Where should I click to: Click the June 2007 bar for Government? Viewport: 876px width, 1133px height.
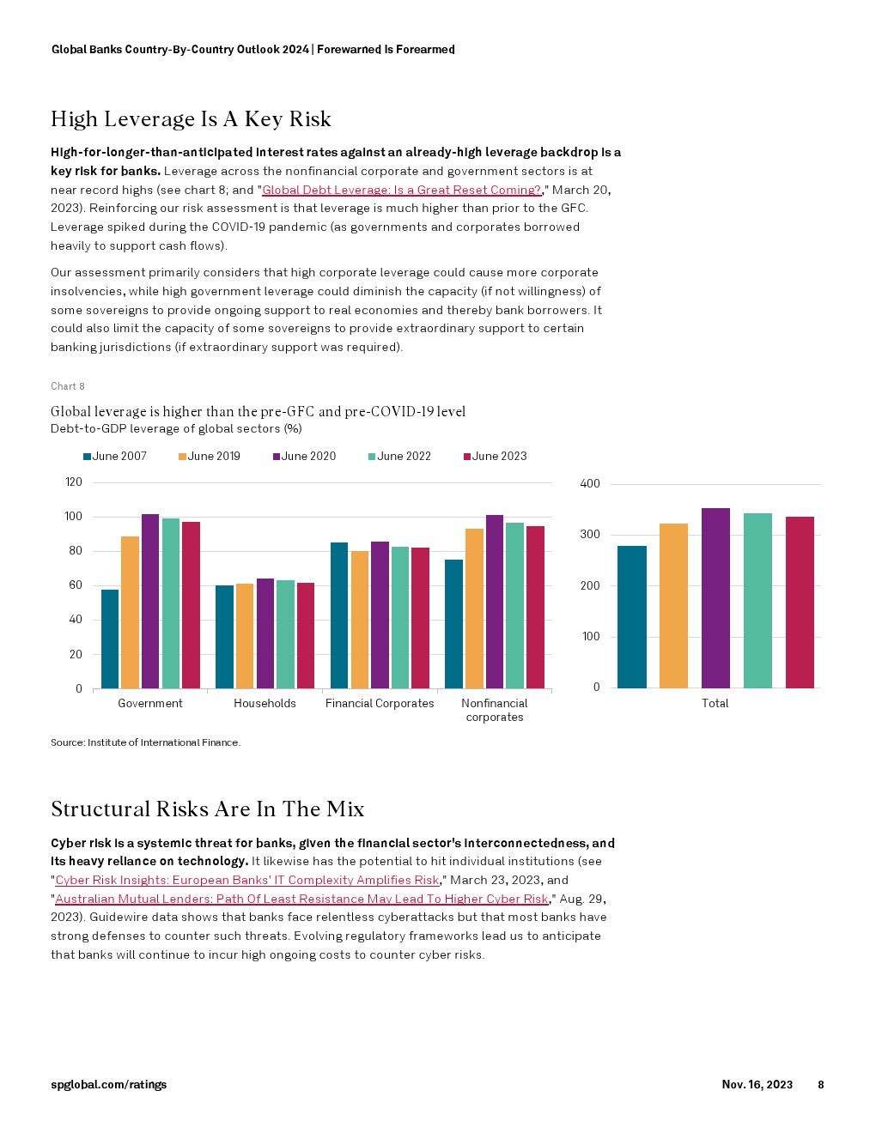(110, 639)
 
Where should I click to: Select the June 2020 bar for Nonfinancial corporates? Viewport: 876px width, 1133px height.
(495, 602)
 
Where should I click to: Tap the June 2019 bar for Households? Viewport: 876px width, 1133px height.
(245, 636)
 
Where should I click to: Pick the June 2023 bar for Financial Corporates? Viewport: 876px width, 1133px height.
(421, 618)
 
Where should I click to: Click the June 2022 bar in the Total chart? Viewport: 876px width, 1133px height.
(757, 601)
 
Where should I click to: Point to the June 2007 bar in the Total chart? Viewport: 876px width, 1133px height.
(632, 617)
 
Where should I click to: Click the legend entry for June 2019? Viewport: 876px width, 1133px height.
(210, 457)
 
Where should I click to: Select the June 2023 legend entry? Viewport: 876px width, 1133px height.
(496, 457)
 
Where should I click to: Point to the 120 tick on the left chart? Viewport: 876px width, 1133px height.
(74, 482)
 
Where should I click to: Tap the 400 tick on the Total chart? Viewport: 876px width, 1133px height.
(590, 484)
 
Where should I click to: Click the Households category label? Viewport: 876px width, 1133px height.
(265, 704)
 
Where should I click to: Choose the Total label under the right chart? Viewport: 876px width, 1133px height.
(715, 703)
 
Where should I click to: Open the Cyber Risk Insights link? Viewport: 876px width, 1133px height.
(247, 880)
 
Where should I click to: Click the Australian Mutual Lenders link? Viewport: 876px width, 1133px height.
(301, 899)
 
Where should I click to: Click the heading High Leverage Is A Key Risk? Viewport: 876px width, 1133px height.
(191, 118)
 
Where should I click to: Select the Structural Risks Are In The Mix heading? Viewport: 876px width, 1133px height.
(208, 809)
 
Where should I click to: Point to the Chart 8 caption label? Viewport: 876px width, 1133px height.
(68, 386)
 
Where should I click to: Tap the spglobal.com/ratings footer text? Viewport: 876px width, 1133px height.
(109, 1085)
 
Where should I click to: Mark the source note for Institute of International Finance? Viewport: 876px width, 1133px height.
(146, 742)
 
